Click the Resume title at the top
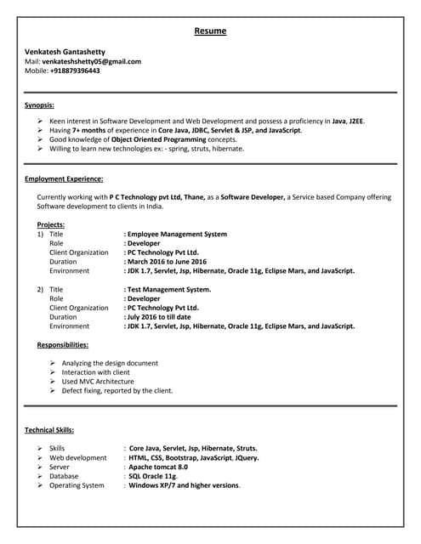[x=210, y=31]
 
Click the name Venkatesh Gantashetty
[x=70, y=52]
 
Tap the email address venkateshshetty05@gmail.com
[x=93, y=61]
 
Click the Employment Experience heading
[x=65, y=179]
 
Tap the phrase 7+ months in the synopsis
[x=93, y=130]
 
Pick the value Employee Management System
[x=177, y=234]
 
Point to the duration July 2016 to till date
[x=160, y=317]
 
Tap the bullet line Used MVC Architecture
[x=98, y=382]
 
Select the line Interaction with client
[x=96, y=372]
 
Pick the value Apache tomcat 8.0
[x=158, y=467]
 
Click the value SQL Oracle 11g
[x=153, y=476]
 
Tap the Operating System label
[x=77, y=485]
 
